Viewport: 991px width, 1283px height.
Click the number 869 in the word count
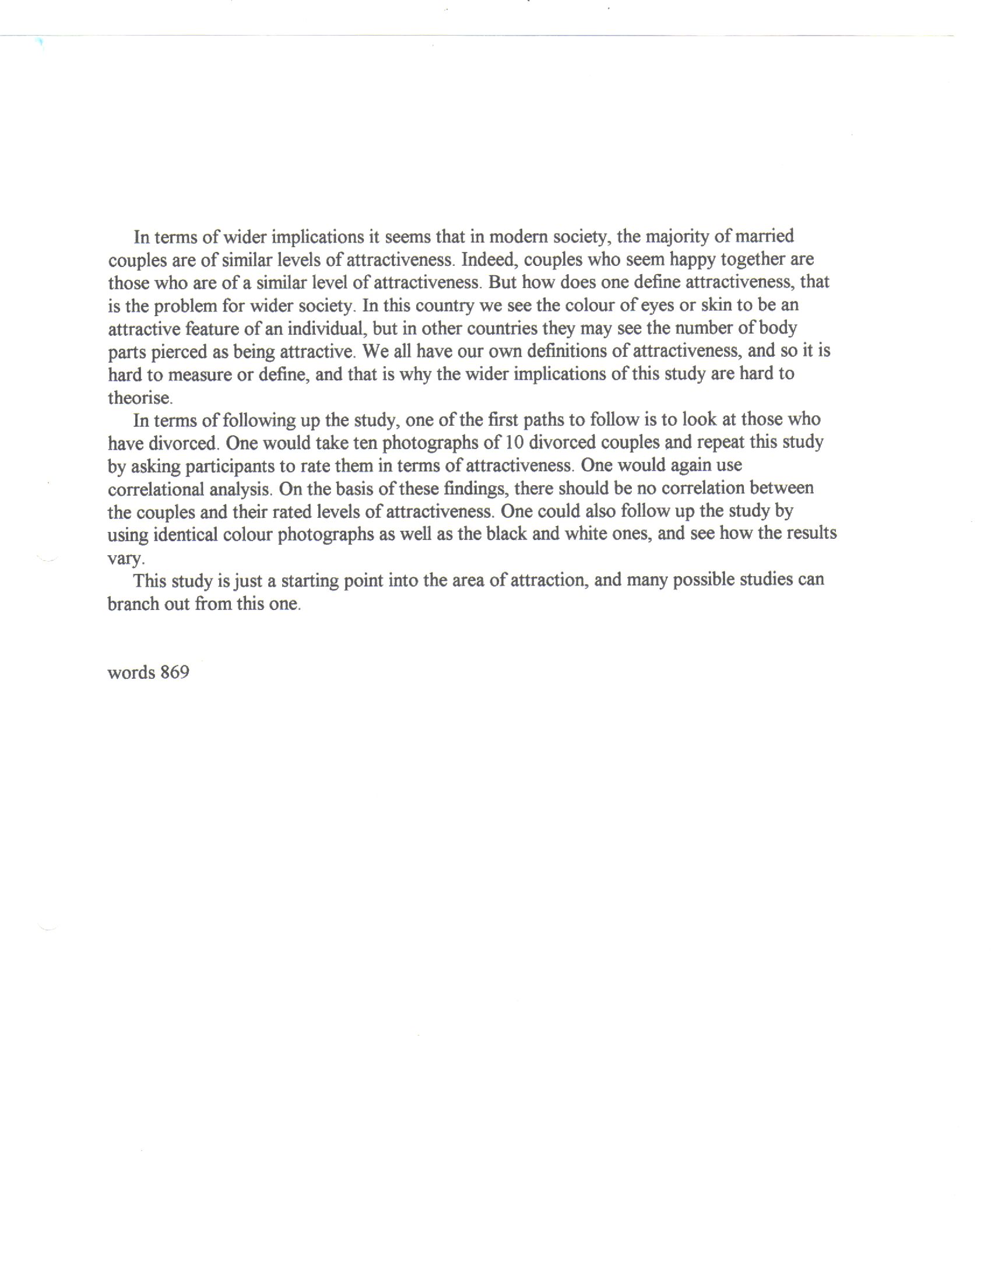[174, 672]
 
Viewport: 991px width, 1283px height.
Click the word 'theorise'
[140, 398]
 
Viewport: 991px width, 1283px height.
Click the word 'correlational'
[156, 489]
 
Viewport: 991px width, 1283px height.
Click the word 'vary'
[125, 558]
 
